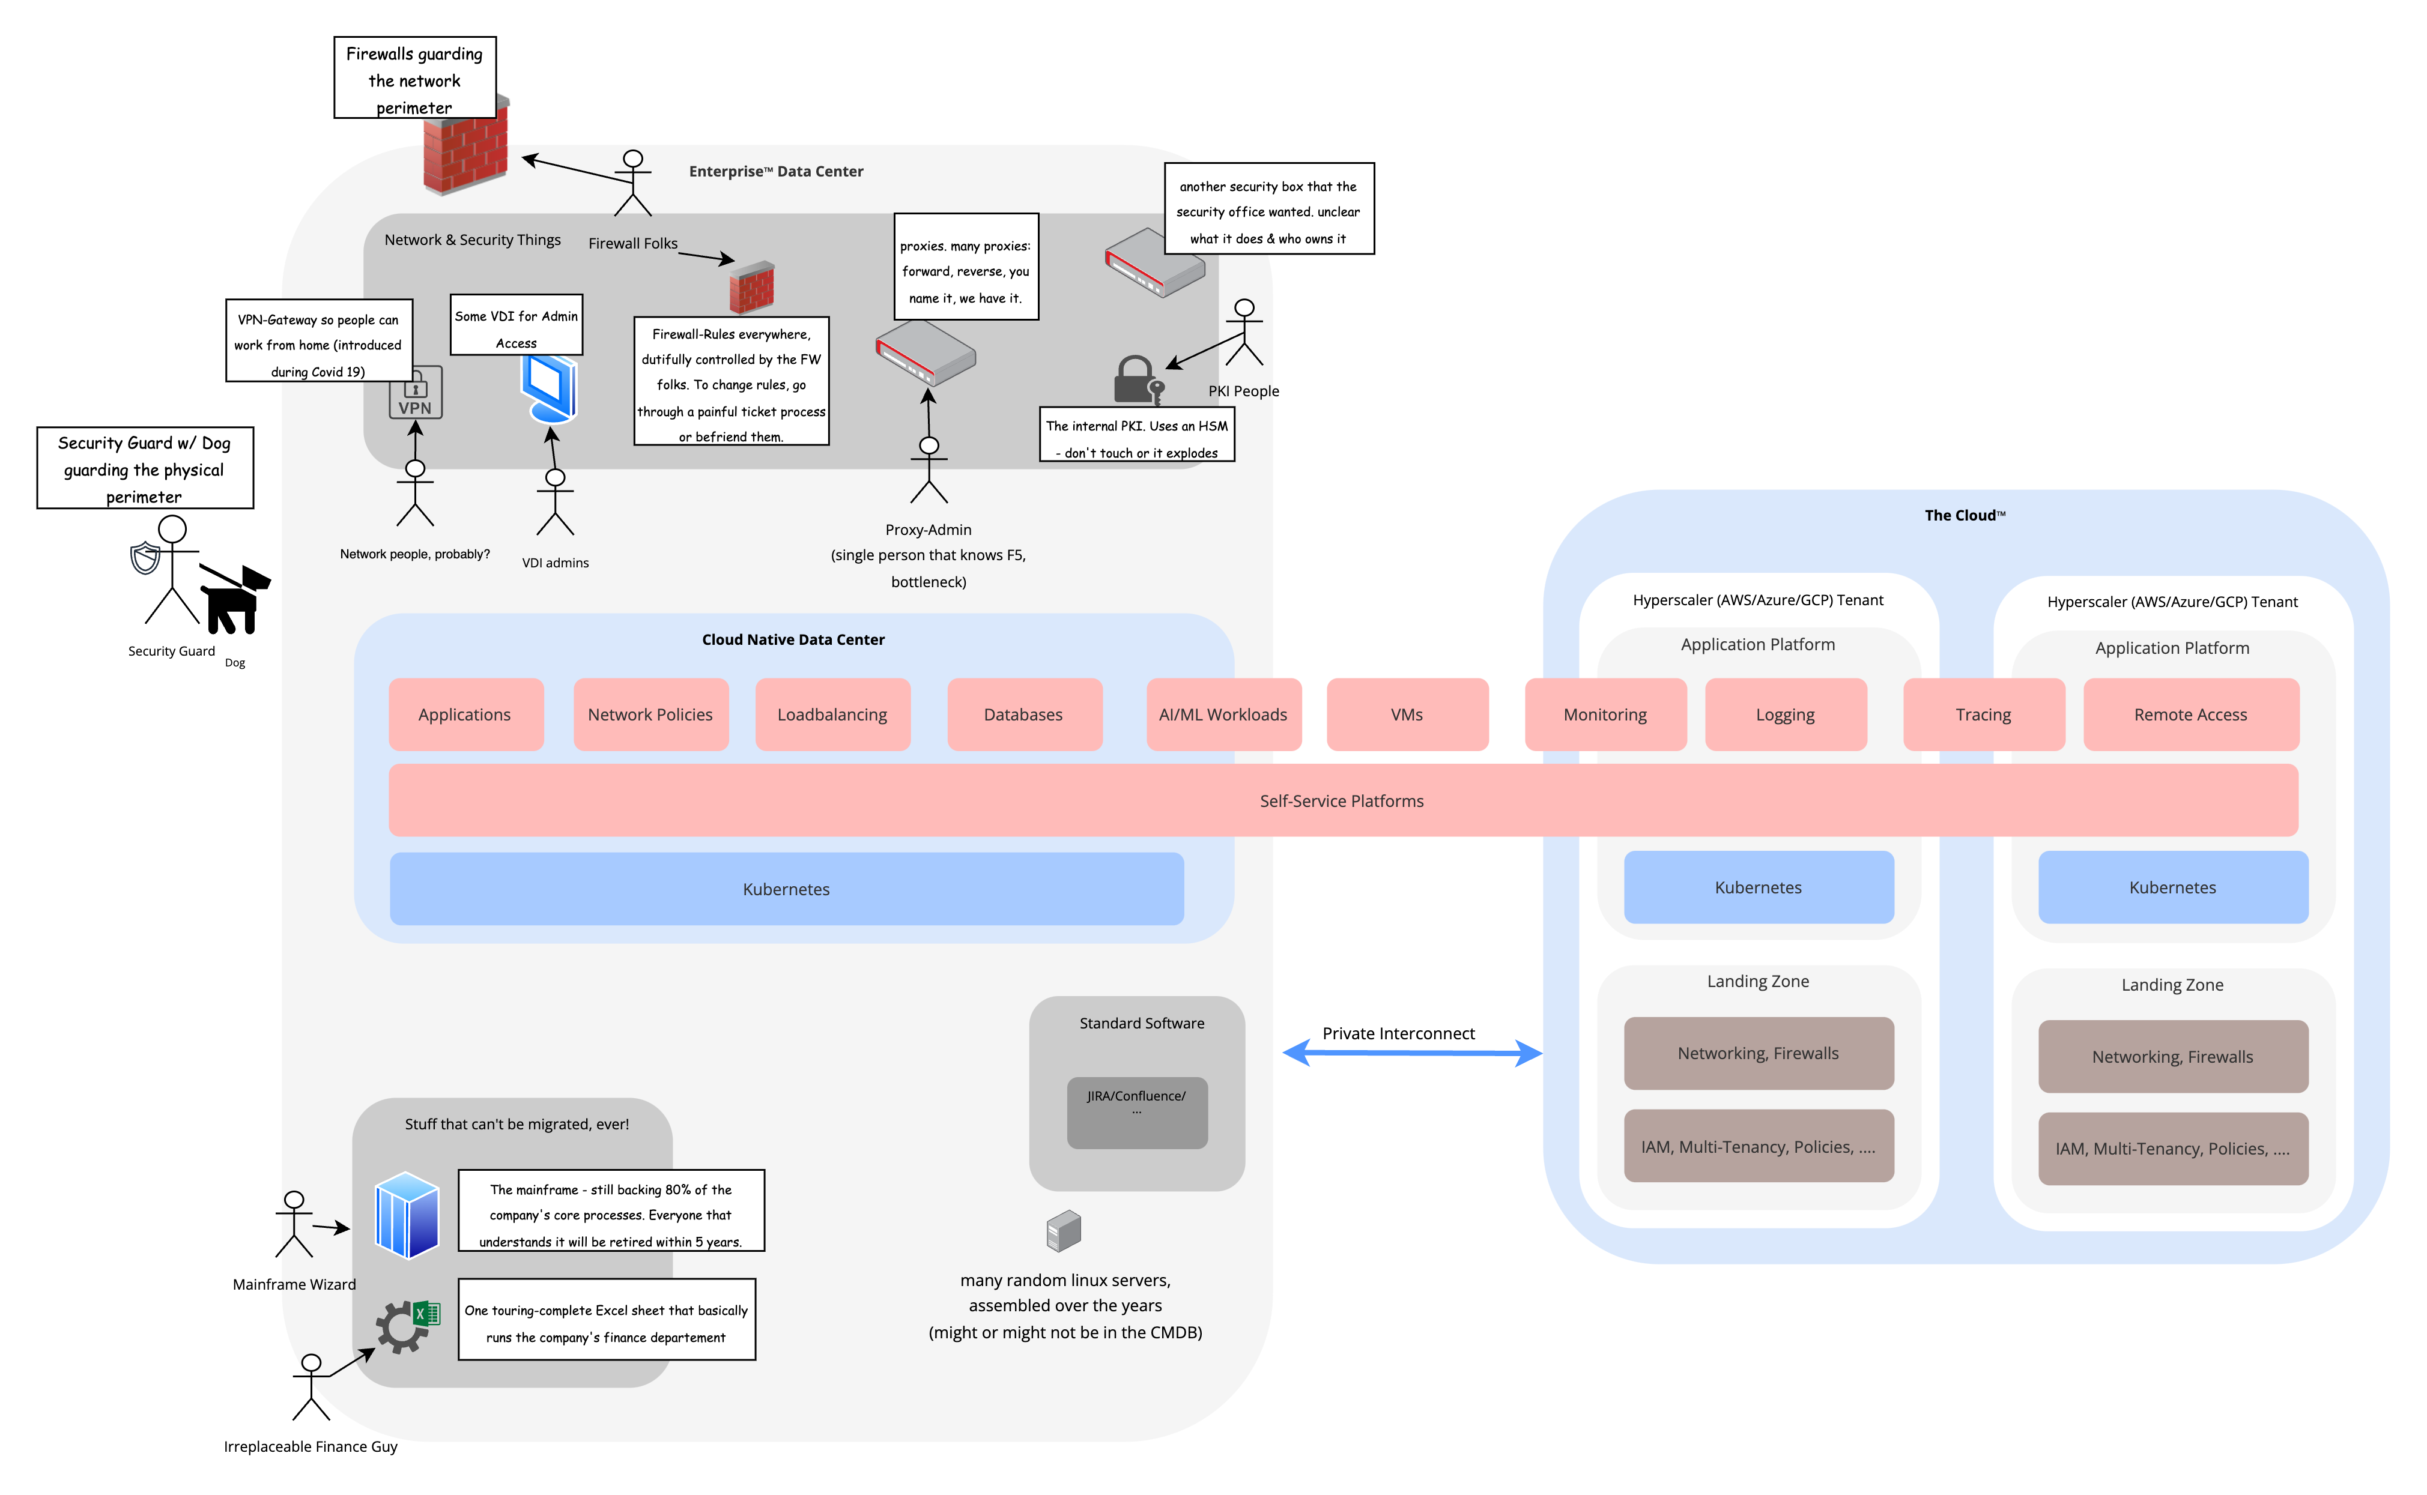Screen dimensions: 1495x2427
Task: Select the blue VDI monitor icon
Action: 550,388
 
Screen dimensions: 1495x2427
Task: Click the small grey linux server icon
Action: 1064,1231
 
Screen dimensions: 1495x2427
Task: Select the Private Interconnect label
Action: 1398,1033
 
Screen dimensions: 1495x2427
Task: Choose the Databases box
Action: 1023,714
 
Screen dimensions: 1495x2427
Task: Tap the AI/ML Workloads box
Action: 1223,714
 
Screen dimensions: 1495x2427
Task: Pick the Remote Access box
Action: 2190,714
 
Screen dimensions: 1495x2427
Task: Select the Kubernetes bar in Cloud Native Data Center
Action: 786,889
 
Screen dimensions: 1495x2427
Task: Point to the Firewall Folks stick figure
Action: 633,183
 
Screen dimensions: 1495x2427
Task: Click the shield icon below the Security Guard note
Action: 145,558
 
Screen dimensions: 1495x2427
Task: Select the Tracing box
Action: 1983,714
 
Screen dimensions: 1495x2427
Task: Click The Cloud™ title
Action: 1964,515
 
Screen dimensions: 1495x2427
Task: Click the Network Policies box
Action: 650,714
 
